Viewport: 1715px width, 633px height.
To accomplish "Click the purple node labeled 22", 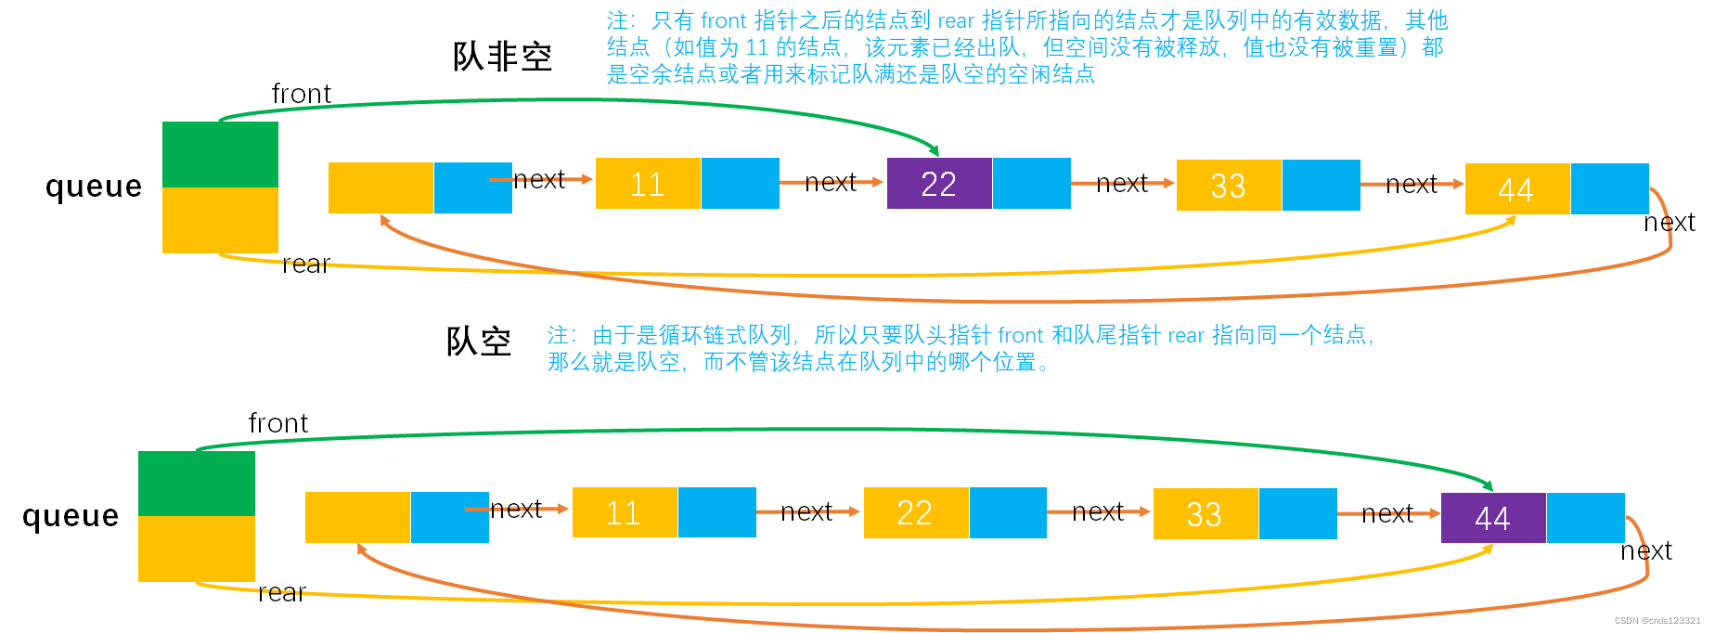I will [939, 184].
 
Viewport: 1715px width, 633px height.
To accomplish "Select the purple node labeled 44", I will [1492, 518].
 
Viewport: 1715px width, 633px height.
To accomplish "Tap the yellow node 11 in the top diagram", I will [648, 184].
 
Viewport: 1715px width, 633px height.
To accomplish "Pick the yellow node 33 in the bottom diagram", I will [1205, 514].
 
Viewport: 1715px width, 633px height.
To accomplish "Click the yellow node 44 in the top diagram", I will [1516, 189].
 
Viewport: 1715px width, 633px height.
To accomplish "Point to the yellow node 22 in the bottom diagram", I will [915, 513].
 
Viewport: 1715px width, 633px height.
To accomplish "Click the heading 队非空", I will [502, 58].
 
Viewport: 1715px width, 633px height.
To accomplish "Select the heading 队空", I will [479, 342].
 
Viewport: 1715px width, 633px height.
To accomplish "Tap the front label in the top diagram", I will [301, 94].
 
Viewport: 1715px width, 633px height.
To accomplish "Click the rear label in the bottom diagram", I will [281, 593].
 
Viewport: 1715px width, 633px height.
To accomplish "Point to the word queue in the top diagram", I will [94, 187].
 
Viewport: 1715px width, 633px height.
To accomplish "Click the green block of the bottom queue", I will [197, 484].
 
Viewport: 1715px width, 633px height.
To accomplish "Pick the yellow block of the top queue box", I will [220, 220].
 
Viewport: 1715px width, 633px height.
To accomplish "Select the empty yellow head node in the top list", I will [380, 187].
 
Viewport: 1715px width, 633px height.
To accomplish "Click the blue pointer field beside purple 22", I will [1031, 183].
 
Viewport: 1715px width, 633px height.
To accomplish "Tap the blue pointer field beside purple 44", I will [1585, 518].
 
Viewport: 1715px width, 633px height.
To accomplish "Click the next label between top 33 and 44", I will [1411, 185].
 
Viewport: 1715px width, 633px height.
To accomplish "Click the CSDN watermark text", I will [1657, 621].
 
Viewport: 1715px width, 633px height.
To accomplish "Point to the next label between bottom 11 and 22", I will [806, 512].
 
